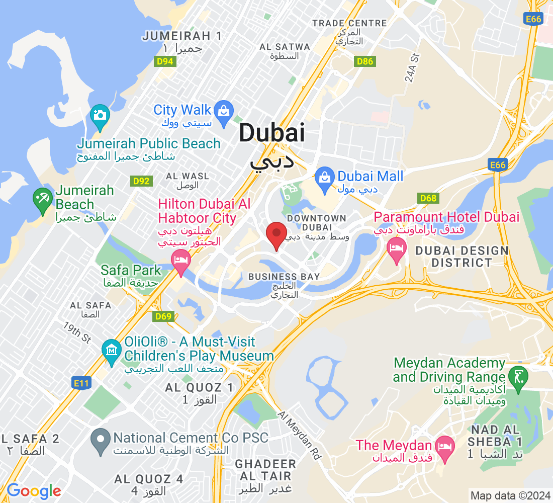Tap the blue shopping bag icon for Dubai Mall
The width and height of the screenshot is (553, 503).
pos(325,177)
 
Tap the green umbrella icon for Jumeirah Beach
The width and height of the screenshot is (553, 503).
pos(43,198)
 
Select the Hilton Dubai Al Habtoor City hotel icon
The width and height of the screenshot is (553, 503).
pos(180,260)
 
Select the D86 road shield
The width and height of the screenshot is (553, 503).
pos(364,61)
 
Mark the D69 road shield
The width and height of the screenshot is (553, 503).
pos(164,316)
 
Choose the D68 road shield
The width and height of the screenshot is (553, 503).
pos(428,198)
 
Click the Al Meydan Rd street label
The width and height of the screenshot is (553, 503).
pos(300,435)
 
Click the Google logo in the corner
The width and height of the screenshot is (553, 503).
pos(34,490)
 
